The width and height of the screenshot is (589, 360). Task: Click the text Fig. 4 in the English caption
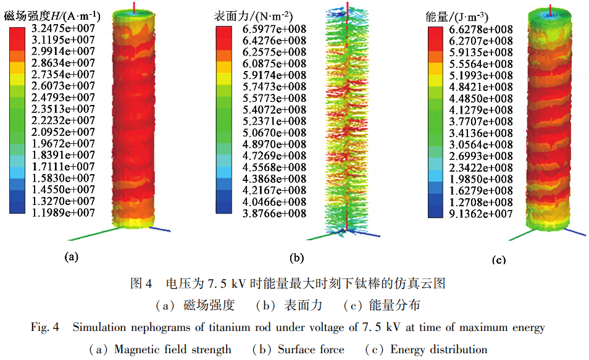tap(44, 327)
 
